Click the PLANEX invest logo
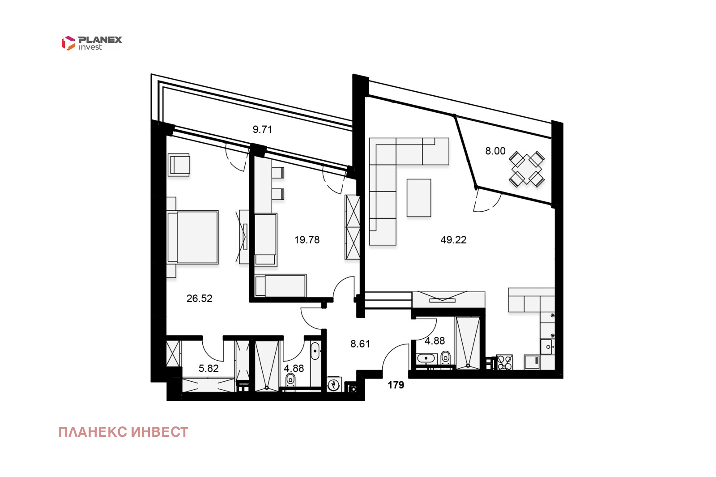coord(92,43)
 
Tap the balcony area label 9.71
coord(262,129)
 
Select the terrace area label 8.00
coord(495,151)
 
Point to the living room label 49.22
coord(453,240)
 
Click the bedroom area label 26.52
coord(200,298)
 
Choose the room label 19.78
coord(307,240)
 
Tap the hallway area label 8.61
coord(360,344)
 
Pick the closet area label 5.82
coord(209,368)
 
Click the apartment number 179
coord(396,385)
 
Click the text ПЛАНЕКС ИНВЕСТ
coord(124,432)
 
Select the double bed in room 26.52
coord(193,237)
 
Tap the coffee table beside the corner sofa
coord(419,198)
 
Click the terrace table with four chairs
coord(527,169)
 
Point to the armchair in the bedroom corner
coord(179,165)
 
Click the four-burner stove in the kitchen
coord(504,362)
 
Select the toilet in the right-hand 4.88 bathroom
coord(446,358)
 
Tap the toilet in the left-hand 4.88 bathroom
coord(290,379)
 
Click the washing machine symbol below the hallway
coord(334,384)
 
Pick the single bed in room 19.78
coord(281,285)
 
